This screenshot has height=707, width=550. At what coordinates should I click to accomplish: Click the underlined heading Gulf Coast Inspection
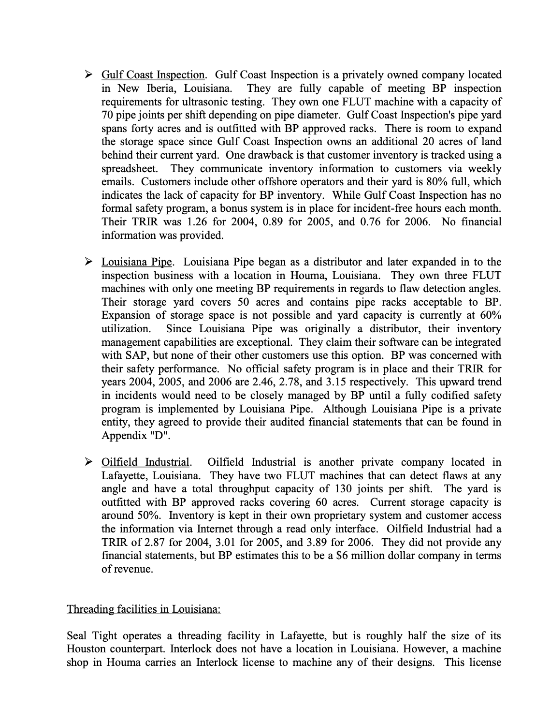click(153, 75)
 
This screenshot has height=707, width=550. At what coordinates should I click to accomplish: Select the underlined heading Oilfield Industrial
click(145, 462)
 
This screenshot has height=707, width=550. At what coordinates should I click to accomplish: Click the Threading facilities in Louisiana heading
click(144, 609)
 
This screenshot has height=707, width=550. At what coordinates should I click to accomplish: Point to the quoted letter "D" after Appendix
click(162, 435)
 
